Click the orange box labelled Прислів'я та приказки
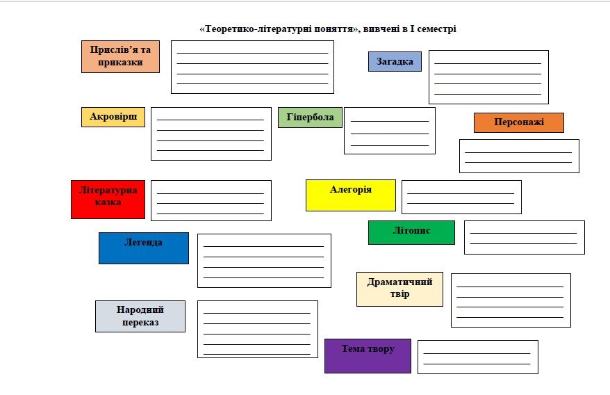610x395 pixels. (x=120, y=56)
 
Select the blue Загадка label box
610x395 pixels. (x=395, y=62)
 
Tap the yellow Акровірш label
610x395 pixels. (x=113, y=117)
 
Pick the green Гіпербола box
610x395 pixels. (x=310, y=118)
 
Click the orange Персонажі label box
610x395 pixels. (x=518, y=122)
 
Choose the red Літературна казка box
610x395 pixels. (x=108, y=200)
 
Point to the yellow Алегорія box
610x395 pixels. (x=351, y=195)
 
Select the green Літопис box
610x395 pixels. (x=411, y=232)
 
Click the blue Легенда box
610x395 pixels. (x=144, y=248)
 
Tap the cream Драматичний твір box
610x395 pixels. (x=399, y=289)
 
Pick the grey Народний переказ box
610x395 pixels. (x=140, y=316)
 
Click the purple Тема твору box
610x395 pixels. (x=368, y=356)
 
